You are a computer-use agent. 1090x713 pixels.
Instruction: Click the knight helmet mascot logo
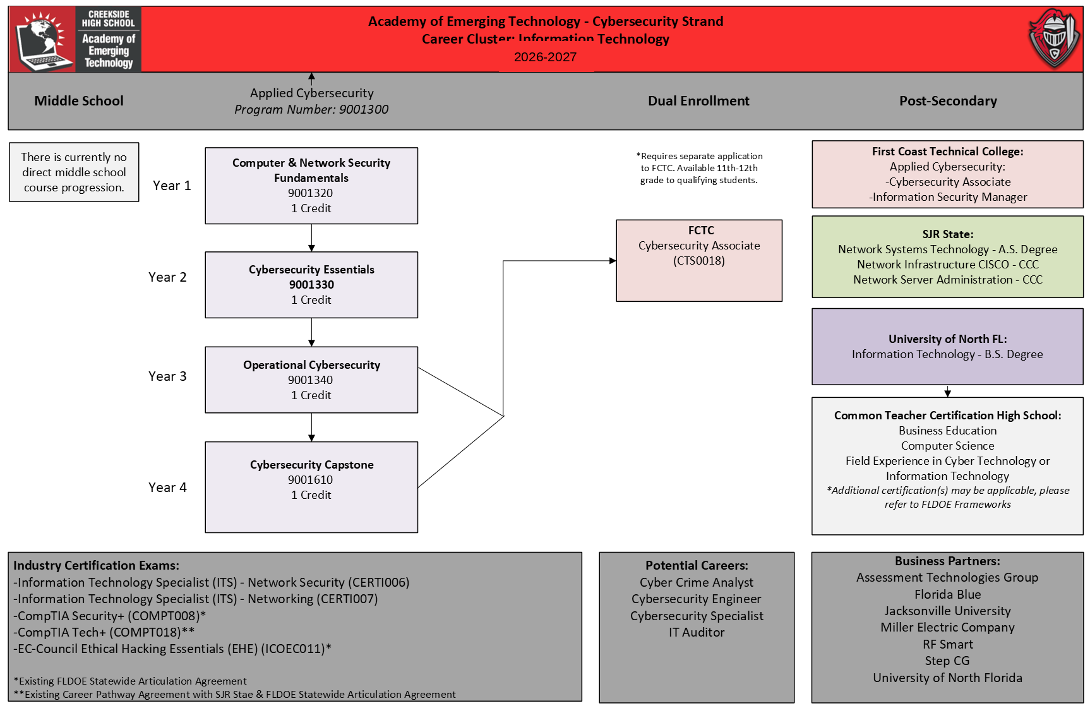pos(1054,39)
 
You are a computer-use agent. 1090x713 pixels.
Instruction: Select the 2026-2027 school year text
pos(545,57)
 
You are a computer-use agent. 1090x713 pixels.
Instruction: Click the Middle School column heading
pos(79,101)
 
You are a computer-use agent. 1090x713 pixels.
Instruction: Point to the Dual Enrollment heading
pos(698,101)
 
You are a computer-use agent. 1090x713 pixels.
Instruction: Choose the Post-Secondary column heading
pos(948,101)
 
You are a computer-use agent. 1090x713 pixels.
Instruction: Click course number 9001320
pos(310,193)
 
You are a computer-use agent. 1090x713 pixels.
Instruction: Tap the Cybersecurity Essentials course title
pos(311,270)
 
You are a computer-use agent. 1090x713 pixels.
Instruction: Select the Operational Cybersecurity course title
pos(311,365)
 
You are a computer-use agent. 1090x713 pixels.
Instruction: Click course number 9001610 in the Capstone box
pos(310,480)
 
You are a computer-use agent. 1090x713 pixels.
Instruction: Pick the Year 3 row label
pos(167,376)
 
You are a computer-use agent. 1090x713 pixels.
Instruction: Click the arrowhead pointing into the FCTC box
pos(613,261)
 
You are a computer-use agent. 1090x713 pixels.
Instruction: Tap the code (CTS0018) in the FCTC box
pos(699,261)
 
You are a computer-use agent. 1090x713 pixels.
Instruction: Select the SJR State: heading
pos(947,234)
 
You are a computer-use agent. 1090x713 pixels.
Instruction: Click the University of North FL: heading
pos(947,339)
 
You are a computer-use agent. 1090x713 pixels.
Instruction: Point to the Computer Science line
pos(947,446)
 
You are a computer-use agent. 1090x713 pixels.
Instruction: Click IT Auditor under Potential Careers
pos(697,632)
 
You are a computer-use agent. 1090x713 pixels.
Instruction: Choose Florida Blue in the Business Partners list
pos(947,594)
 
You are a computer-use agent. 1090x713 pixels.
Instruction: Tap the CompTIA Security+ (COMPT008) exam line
pos(110,616)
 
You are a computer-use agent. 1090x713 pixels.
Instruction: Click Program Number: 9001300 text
pos(311,109)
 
